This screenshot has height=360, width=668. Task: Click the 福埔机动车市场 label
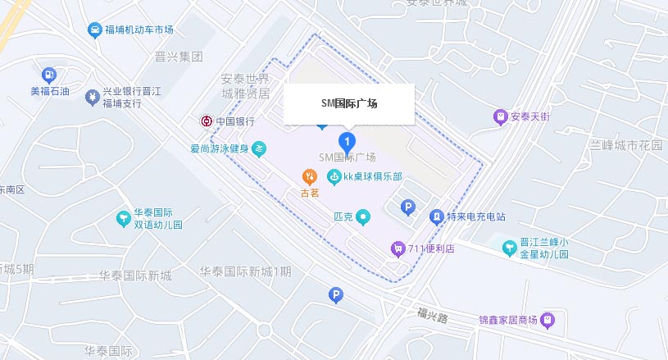139,30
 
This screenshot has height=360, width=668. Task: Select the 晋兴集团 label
178,57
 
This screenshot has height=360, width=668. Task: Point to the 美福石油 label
50,91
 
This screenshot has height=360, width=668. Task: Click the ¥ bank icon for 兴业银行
93,98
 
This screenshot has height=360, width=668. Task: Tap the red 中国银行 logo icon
207,121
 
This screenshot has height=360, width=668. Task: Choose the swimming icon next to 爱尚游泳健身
259,148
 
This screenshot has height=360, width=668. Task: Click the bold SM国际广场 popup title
349,104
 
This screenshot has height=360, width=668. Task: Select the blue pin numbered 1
348,143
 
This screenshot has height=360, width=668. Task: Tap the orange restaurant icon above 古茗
310,176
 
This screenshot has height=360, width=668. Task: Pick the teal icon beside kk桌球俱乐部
334,176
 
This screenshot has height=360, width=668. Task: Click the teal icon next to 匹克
364,217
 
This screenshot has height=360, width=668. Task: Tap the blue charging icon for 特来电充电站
437,216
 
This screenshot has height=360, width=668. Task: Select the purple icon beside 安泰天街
500,116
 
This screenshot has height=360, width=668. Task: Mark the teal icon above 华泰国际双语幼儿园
123,217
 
